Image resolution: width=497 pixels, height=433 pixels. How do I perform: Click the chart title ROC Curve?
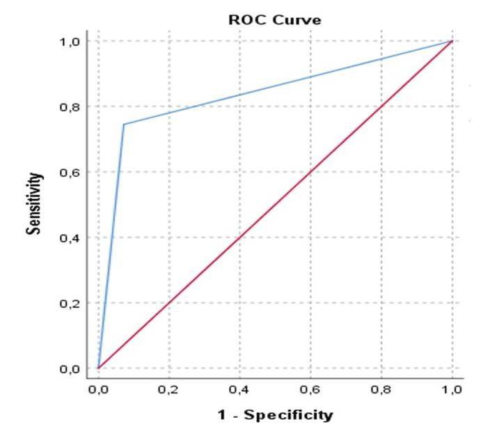[x=275, y=20]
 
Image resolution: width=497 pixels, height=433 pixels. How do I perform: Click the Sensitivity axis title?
[x=33, y=203]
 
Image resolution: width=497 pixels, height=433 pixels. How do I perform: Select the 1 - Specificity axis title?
[x=275, y=416]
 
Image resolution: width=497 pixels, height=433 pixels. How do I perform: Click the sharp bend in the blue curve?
[x=124, y=125]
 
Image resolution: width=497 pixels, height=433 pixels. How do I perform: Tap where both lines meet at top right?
[x=452, y=41]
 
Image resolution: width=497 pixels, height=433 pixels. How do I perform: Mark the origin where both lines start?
[x=99, y=368]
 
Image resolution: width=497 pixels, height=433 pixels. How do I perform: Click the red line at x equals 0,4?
[x=240, y=237]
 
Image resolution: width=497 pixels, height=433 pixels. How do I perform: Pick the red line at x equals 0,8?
[x=381, y=107]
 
